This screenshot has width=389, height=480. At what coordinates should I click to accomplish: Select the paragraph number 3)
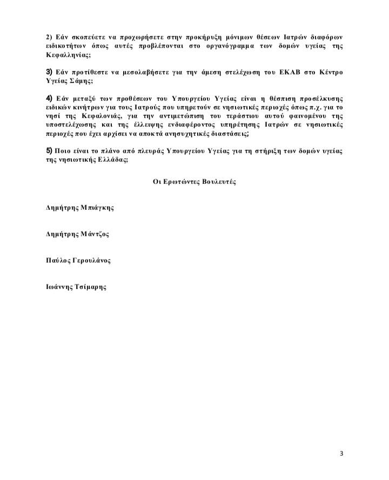(x=48, y=72)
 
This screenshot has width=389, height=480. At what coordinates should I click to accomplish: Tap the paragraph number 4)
(x=49, y=98)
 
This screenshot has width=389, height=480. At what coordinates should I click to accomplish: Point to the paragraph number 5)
(x=49, y=150)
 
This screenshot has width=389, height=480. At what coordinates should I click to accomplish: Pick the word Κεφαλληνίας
(x=68, y=55)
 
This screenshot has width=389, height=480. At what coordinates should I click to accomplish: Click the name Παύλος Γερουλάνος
(x=78, y=260)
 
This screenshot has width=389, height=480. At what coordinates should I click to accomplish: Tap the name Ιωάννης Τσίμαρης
(x=76, y=287)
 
